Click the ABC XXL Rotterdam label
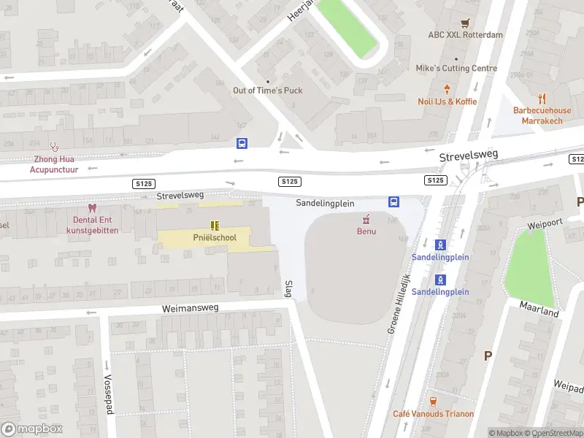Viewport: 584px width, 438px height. [466, 35]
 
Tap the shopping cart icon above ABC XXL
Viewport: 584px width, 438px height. [466, 23]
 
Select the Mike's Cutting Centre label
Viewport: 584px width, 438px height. [456, 69]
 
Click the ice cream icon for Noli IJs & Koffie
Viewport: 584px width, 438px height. [447, 89]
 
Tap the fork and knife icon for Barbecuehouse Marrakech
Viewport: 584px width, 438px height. [542, 98]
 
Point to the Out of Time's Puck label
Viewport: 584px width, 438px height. [267, 91]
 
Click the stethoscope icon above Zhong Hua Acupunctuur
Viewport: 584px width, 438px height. [53, 146]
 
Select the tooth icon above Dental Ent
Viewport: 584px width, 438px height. [91, 208]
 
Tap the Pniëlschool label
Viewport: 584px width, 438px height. [215, 237]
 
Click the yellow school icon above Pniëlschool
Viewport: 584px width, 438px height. [215, 226]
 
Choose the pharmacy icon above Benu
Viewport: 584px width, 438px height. [366, 219]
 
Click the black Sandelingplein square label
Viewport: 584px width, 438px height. [325, 204]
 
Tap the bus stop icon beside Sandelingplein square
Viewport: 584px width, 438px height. [393, 202]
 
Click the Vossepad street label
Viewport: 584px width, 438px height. [109, 395]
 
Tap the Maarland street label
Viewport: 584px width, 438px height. [539, 308]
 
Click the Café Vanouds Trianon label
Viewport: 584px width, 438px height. [433, 414]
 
